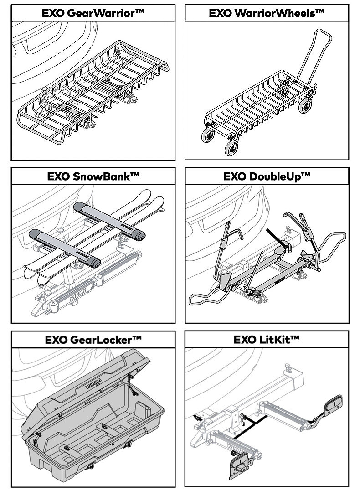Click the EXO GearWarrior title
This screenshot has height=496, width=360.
[x=93, y=13]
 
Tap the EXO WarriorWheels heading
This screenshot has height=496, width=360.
[x=267, y=13]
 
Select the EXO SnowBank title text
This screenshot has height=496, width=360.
[x=93, y=176]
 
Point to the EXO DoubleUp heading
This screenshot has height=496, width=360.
[x=267, y=176]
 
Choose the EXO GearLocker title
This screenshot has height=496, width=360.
[x=93, y=340]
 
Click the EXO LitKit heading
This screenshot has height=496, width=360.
[x=267, y=340]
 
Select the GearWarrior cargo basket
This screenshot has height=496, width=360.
[x=91, y=91]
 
